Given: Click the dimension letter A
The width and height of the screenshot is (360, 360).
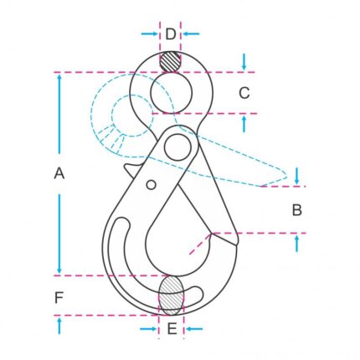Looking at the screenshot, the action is click(59, 173).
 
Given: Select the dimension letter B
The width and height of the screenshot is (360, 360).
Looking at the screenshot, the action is click(297, 210).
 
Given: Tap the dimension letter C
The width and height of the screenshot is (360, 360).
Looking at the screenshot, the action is click(244, 93).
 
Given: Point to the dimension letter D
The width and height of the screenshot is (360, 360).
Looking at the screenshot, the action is click(171, 34).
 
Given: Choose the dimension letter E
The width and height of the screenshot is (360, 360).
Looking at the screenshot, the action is click(172, 328).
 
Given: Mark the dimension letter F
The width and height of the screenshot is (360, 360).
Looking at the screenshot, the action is click(59, 298).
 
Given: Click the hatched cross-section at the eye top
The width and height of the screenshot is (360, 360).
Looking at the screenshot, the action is click(170, 62).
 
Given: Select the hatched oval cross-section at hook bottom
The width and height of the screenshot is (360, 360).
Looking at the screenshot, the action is click(172, 296).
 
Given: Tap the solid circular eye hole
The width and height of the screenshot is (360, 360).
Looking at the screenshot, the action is click(172, 93).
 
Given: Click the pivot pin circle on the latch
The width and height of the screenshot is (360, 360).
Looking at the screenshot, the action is click(177, 147).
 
